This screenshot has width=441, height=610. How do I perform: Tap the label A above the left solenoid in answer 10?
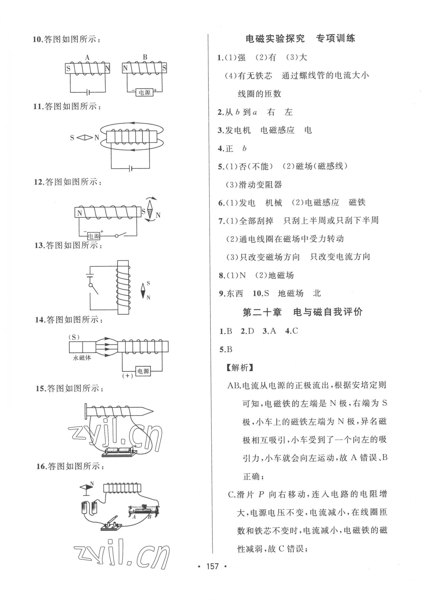point(87,57)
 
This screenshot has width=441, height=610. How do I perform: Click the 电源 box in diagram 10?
point(145,92)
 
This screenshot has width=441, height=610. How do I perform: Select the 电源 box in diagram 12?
point(94,236)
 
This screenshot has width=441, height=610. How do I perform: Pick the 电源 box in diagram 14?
point(143,371)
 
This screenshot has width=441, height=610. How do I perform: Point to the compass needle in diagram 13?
point(143,291)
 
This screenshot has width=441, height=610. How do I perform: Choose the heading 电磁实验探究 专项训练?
point(300,39)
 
